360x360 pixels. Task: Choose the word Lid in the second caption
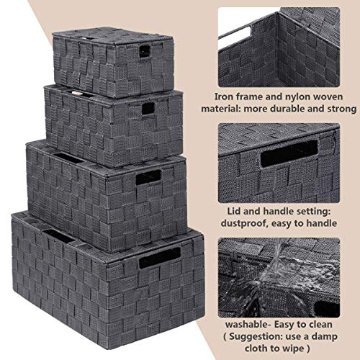(x=232, y=210)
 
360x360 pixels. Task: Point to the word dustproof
(x=252, y=224)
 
